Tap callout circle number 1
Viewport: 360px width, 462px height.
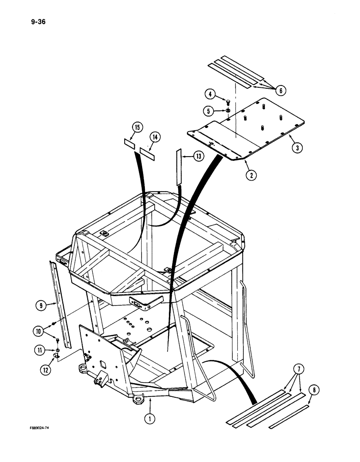pos(151,419)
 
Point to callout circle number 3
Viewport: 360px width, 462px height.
pos(297,148)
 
